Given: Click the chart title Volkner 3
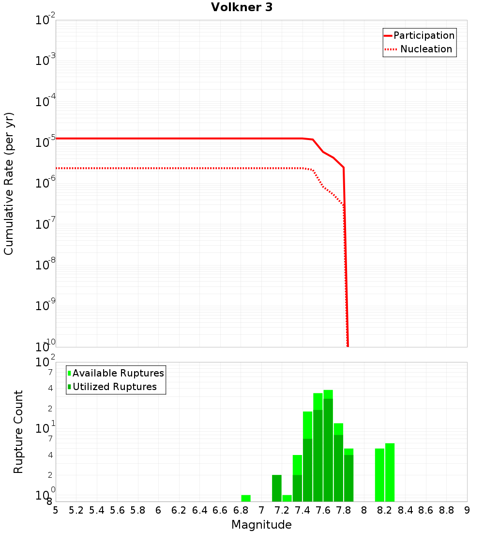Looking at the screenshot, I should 242,7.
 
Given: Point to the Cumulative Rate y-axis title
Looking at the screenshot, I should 9,183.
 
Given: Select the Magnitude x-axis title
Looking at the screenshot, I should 261,525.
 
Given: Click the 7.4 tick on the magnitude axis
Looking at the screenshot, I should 302,510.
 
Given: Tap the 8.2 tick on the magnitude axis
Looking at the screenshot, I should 385,510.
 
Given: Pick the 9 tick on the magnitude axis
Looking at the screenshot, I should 467,510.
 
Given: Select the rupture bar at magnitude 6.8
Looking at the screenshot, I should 246,498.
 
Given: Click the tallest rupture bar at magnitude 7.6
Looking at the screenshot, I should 328,446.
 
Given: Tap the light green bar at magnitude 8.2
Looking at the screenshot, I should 390,472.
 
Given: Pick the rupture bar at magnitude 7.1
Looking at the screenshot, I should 276,488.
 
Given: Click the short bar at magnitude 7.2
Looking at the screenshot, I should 287,498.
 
